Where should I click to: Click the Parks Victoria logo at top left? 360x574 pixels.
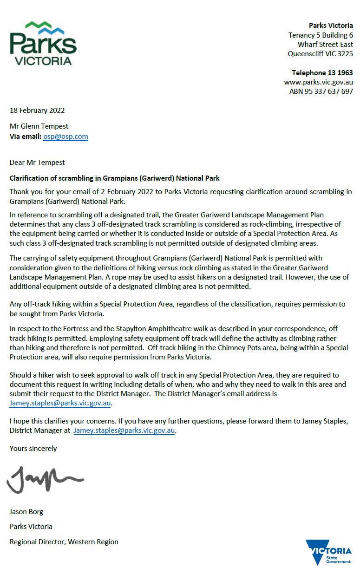pos(43,43)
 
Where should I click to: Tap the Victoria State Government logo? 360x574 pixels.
pos(328,552)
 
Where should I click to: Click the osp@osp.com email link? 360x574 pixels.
pos(65,137)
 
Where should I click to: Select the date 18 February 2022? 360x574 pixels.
pos(37,111)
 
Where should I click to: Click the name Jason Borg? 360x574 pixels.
pos(26,512)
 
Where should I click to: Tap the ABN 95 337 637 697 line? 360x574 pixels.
pos(321,91)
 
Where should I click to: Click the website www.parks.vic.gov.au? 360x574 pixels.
pos(319,82)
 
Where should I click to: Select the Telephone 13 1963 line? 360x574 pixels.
pos(322,73)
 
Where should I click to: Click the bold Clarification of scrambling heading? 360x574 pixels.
pos(114,178)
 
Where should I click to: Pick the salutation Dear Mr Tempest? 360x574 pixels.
pos(37,163)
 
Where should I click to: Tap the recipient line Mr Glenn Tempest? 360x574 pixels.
pos(39,126)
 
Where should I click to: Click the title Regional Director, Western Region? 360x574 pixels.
pos(64,541)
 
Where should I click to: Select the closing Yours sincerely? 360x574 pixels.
pos(33,449)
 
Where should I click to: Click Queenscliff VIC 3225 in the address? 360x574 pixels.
pos(320,54)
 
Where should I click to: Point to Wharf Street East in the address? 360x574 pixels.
pos(325,45)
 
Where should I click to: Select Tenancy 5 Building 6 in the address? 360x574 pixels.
pos(321,35)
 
